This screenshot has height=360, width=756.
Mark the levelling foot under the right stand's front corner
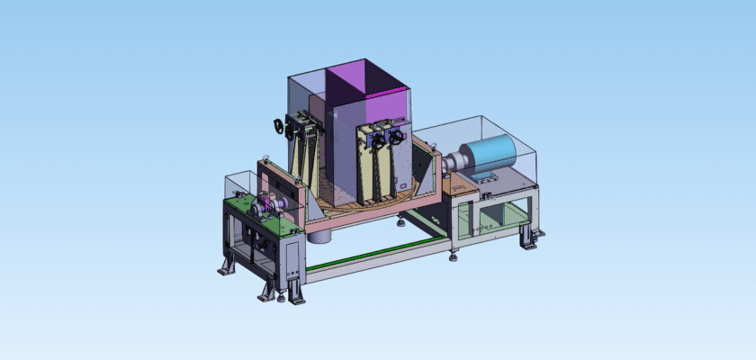[x=453, y=256]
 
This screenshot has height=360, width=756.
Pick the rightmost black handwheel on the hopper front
[x=394, y=139]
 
